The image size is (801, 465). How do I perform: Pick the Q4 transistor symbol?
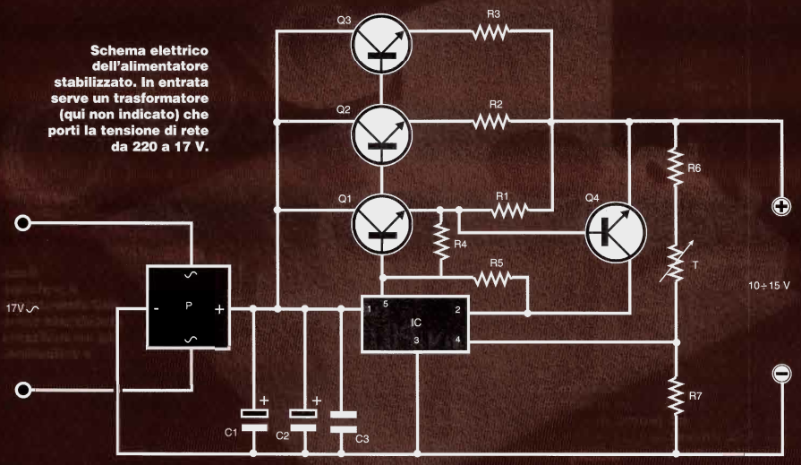(x=616, y=229)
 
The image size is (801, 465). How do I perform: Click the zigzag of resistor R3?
(x=490, y=33)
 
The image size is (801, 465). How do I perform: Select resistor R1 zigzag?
(x=507, y=211)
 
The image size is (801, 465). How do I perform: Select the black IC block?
(x=415, y=323)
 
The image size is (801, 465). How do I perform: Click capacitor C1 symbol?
(x=255, y=418)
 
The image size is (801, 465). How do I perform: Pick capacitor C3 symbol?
(x=341, y=420)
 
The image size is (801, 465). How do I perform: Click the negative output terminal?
(x=780, y=374)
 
